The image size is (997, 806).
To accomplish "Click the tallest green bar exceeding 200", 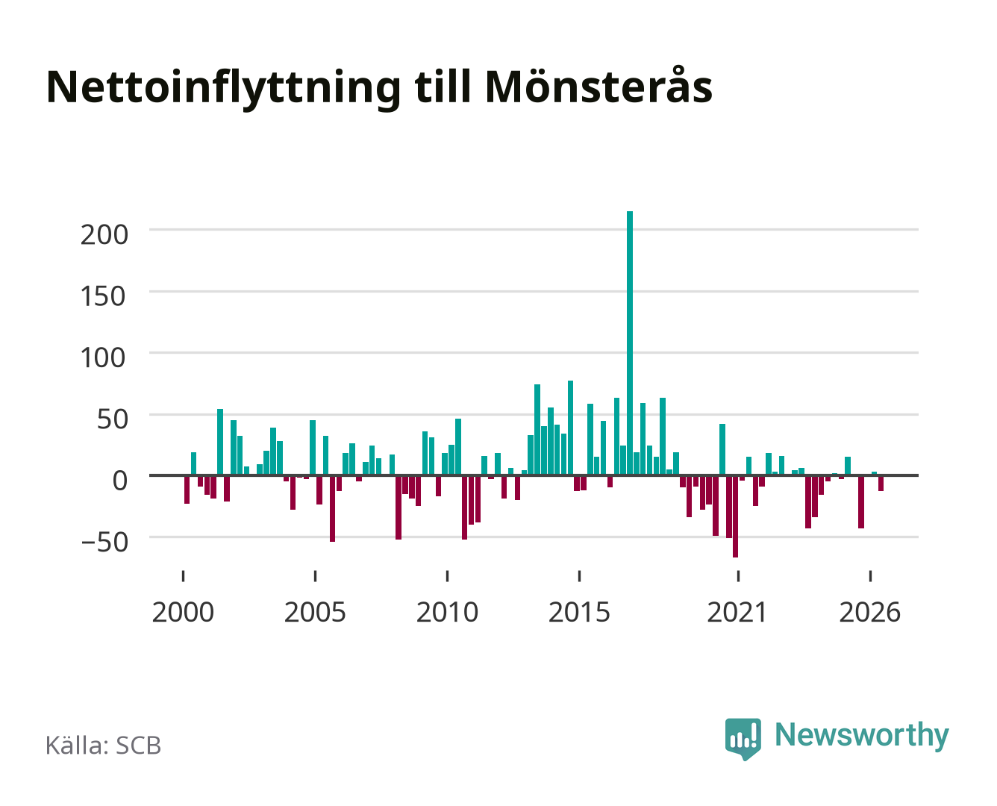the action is pyautogui.click(x=630, y=343).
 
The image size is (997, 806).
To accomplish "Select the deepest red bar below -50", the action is pyautogui.click(x=735, y=516).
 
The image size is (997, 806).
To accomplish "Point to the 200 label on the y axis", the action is pyautogui.click(x=104, y=234).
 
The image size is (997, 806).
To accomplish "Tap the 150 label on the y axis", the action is pyautogui.click(x=103, y=296).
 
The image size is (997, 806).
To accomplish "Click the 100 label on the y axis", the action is pyautogui.click(x=103, y=358).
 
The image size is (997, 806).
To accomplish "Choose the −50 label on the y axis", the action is pyautogui.click(x=104, y=543).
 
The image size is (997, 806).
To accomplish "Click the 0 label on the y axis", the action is pyautogui.click(x=120, y=481).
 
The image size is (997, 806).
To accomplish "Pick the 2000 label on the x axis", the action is pyautogui.click(x=183, y=612).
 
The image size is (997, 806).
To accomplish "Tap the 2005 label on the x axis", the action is pyautogui.click(x=315, y=612).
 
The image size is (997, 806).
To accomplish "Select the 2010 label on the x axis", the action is pyautogui.click(x=448, y=612).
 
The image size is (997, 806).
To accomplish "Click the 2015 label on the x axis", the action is pyautogui.click(x=580, y=612).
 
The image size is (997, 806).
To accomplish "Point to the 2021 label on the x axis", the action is pyautogui.click(x=737, y=612).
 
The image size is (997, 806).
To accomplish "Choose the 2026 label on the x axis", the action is pyautogui.click(x=870, y=612).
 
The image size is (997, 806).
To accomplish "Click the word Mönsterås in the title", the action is pyautogui.click(x=598, y=87).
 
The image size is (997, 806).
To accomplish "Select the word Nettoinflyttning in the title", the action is pyautogui.click(x=224, y=89).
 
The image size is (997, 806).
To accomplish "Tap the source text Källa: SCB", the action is pyautogui.click(x=104, y=745).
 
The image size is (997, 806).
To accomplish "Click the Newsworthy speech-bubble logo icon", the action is pyautogui.click(x=743, y=739).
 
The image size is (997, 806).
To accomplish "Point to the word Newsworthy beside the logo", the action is pyautogui.click(x=862, y=736).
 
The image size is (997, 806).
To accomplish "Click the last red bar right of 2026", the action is pyautogui.click(x=881, y=483).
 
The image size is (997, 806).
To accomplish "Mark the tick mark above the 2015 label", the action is pyautogui.click(x=580, y=576).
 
